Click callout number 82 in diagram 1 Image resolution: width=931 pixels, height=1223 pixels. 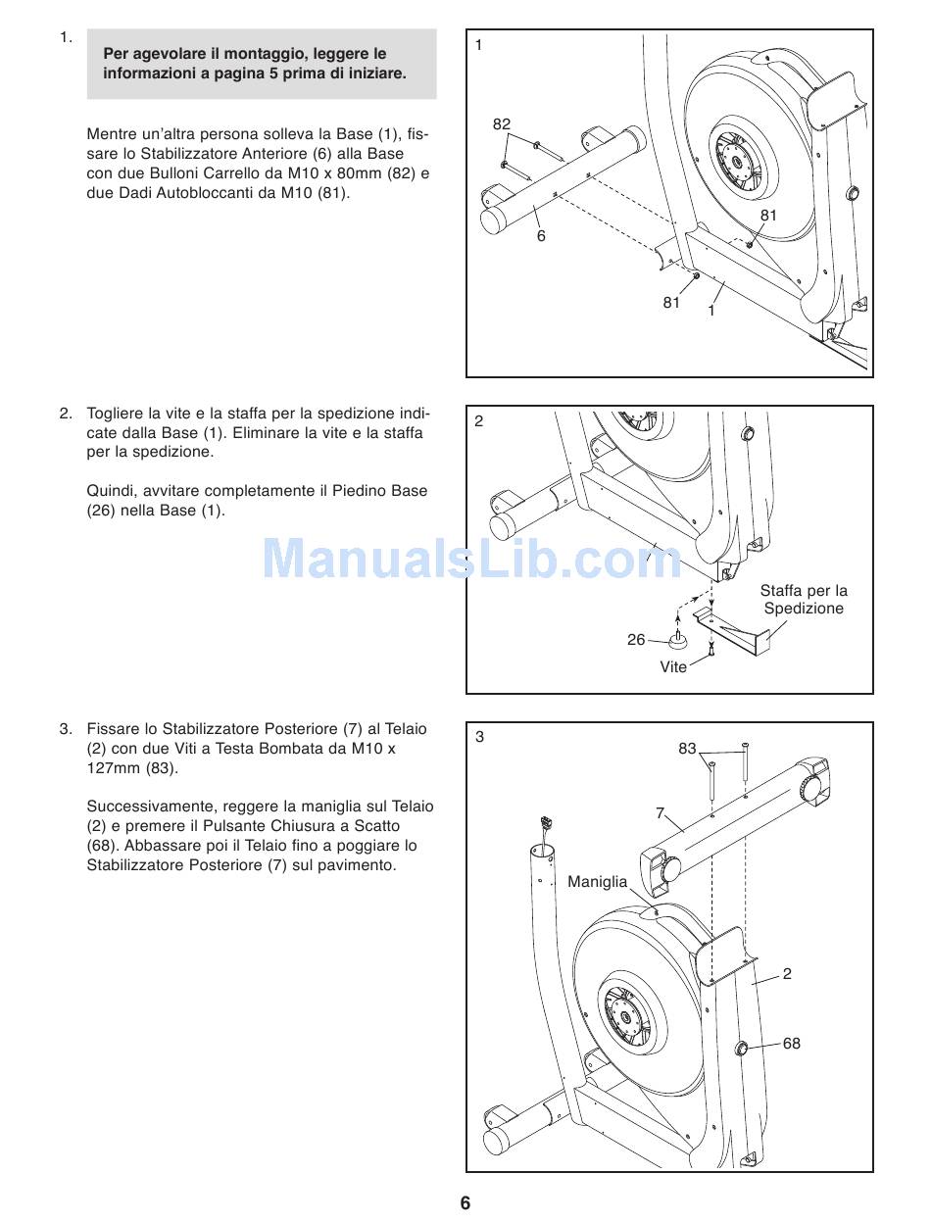[502, 124]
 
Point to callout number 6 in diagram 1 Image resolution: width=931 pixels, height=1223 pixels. [540, 236]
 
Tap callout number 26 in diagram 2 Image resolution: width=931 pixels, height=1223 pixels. [636, 640]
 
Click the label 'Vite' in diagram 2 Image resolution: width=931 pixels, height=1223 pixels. [673, 666]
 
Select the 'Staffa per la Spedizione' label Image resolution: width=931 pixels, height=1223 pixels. [804, 600]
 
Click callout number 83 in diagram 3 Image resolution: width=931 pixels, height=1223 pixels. [687, 749]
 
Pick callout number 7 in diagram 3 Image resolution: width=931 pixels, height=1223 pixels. [660, 812]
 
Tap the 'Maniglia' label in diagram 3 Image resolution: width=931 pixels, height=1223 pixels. [597, 882]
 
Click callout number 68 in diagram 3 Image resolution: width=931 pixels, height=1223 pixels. [791, 1044]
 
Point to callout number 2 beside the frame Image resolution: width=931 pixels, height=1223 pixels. [787, 974]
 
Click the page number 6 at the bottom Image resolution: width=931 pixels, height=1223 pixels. [465, 1203]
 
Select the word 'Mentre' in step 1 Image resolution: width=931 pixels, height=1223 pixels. [112, 134]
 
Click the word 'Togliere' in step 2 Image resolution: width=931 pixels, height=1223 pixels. [116, 414]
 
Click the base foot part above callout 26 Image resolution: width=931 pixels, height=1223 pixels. [677, 642]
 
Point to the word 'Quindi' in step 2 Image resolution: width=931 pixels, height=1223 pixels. [110, 491]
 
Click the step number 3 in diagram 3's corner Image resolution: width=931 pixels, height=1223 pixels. [479, 737]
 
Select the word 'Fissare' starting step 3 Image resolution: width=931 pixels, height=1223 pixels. [113, 729]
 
